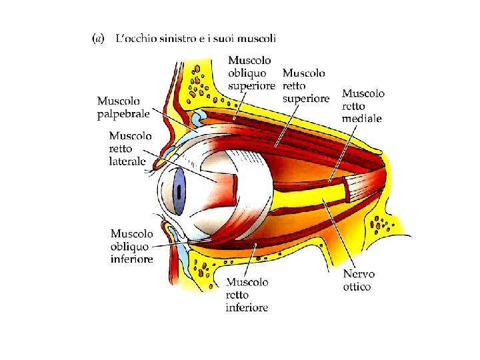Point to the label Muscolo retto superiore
coord(306,85)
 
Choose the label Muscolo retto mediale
coord(363,106)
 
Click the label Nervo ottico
coord(359,280)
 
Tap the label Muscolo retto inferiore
coord(247,295)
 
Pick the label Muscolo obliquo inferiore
coord(132,246)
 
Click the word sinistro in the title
coord(182,38)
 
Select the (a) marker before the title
coord(97,39)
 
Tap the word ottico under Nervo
coord(358,287)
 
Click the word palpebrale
coord(123,114)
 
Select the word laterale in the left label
coord(127,161)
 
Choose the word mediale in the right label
coord(363,119)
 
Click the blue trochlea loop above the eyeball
coord(199,119)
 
